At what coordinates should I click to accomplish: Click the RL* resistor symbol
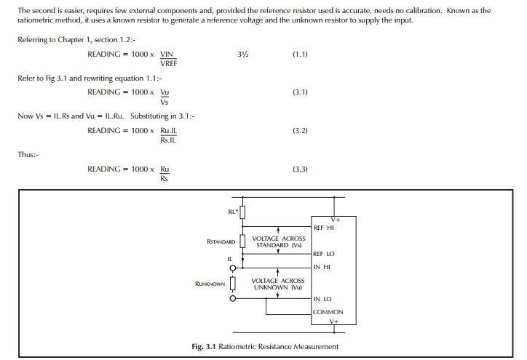point(243,212)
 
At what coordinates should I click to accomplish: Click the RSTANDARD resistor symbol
point(243,241)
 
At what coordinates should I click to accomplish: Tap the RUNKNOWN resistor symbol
point(233,283)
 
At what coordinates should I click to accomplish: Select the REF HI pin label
point(323,228)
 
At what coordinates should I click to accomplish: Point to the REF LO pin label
point(324,254)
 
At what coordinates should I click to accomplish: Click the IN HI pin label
point(321,267)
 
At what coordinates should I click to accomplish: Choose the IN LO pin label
point(322,298)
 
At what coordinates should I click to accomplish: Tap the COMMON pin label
point(328,312)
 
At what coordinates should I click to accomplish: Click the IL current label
point(230,258)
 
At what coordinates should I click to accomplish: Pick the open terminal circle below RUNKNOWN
point(233,298)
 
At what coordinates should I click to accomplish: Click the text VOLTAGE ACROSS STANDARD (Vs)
point(279,241)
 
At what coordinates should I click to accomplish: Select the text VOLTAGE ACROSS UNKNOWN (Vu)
point(279,284)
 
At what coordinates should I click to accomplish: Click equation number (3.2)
point(300,131)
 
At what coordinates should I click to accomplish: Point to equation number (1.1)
point(300,55)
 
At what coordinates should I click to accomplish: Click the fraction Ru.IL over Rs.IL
point(168,135)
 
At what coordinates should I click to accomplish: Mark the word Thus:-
point(28,154)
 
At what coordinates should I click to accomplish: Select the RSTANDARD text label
point(221,241)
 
